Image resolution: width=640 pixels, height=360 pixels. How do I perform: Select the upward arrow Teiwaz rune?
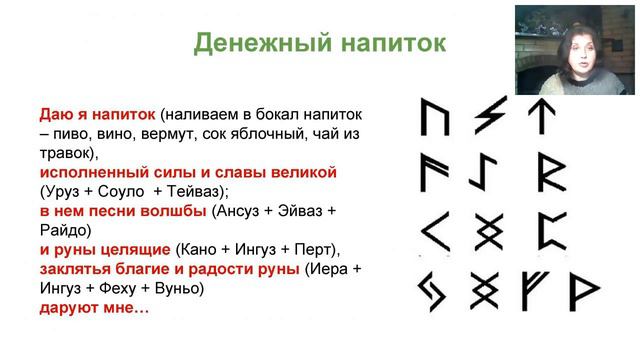click(542, 117)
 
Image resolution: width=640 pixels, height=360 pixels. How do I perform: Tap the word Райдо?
click(65, 230)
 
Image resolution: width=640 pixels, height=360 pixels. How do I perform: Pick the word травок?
click(65, 153)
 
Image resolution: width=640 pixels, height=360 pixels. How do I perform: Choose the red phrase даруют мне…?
click(94, 308)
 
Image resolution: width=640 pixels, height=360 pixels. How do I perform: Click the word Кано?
click(198, 249)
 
